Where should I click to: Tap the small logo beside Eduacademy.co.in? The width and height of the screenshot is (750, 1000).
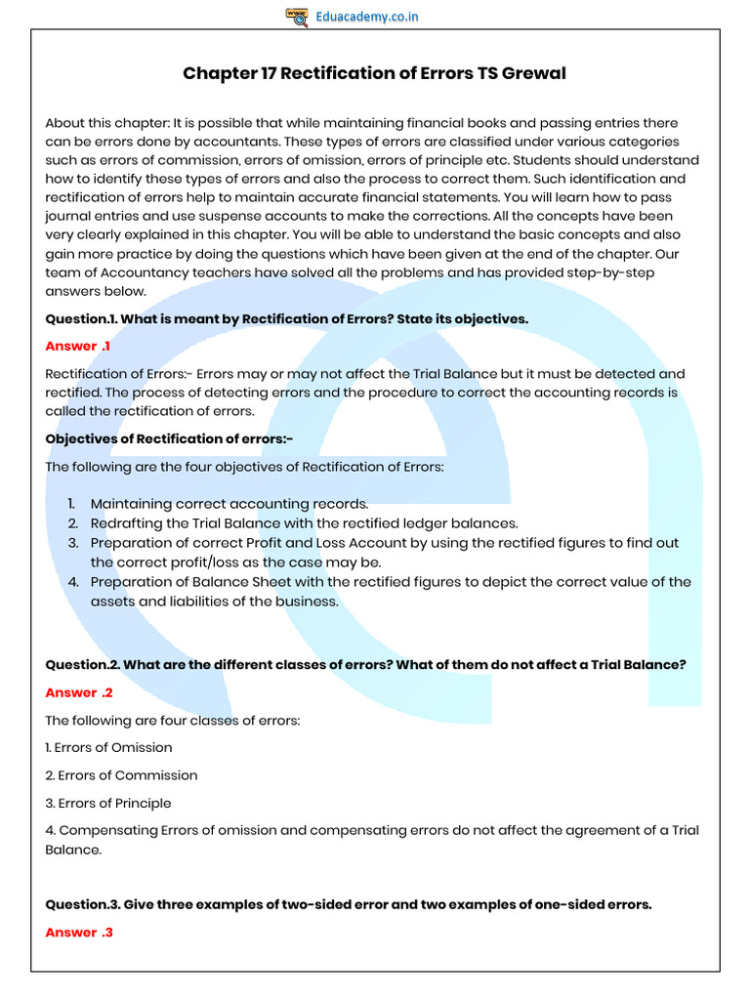coord(297,17)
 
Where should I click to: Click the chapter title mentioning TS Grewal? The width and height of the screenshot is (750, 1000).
coord(374,74)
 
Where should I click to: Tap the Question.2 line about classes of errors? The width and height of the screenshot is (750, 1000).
coord(365,665)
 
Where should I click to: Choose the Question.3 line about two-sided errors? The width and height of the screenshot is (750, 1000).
coord(348,904)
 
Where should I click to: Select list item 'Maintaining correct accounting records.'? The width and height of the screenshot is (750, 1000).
coord(229,504)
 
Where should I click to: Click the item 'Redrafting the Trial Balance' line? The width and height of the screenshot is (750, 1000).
coord(304,523)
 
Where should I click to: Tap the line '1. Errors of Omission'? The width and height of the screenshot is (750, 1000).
coord(108,747)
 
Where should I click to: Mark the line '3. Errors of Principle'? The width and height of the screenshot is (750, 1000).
coord(108,803)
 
